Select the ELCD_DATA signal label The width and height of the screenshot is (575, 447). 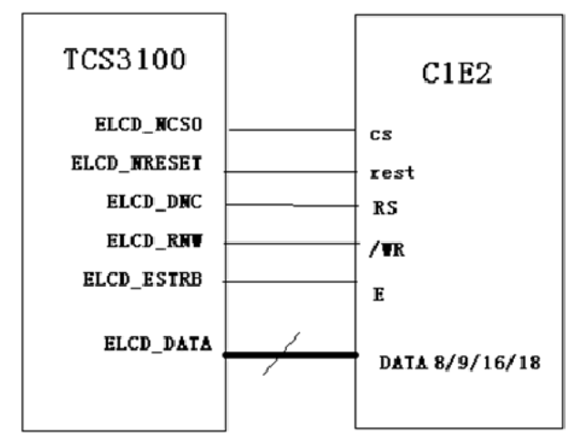158,343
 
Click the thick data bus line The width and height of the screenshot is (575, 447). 319,354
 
